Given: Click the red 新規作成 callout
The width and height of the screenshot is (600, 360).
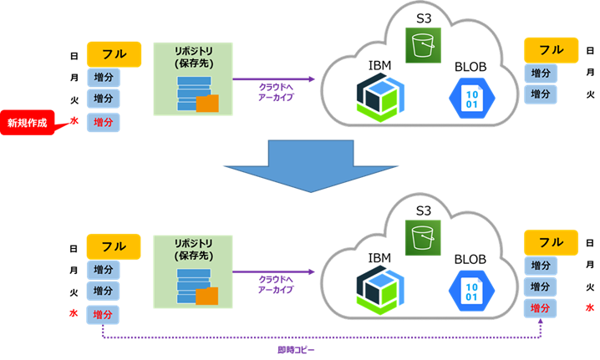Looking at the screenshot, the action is click(x=28, y=123).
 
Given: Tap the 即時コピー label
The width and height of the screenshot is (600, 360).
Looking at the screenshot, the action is click(x=296, y=350).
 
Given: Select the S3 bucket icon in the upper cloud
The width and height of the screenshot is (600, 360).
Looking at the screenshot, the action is click(x=423, y=45).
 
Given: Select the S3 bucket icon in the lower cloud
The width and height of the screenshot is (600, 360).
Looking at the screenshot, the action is click(x=423, y=237).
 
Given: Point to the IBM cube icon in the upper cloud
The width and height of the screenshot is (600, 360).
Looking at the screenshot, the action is click(x=380, y=98).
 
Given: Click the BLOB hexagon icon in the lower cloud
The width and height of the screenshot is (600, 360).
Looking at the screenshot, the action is click(x=471, y=291).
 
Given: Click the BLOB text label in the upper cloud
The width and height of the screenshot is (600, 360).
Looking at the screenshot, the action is click(x=470, y=67).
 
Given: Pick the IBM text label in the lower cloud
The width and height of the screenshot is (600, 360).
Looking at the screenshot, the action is click(x=379, y=258).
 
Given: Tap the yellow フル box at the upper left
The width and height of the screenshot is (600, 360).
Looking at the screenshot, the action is click(x=114, y=54).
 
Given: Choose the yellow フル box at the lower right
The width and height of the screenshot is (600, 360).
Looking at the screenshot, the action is click(x=551, y=242).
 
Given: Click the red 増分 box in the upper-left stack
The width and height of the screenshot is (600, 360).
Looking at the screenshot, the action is click(x=104, y=123).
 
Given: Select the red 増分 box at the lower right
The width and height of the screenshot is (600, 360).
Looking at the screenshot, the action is click(x=540, y=308).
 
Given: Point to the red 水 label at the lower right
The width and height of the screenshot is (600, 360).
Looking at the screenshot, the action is click(x=590, y=307).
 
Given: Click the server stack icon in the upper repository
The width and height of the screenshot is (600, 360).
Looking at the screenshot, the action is click(x=194, y=94).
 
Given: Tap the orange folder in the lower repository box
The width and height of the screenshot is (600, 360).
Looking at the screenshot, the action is click(x=207, y=296).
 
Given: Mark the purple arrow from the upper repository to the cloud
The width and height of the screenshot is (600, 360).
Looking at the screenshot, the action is click(x=273, y=79).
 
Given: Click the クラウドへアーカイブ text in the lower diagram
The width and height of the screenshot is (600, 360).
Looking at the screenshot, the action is click(x=276, y=285).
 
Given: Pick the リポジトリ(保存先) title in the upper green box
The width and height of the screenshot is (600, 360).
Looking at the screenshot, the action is click(x=194, y=57).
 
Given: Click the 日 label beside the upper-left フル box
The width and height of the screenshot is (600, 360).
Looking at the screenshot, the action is click(x=74, y=56).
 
